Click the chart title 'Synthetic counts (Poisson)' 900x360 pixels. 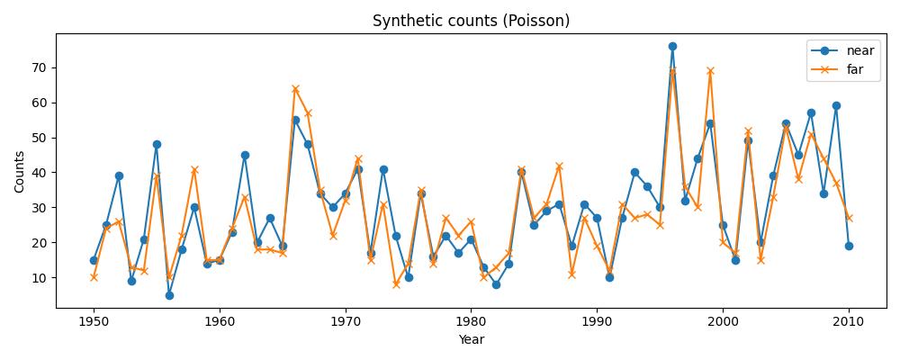point(471,21)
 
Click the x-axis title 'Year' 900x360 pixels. point(471,340)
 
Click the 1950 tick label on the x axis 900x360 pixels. point(94,322)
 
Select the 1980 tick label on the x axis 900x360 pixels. point(471,322)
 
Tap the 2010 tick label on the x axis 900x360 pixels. point(849,322)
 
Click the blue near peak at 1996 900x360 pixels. point(672,46)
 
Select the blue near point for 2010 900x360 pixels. point(849,246)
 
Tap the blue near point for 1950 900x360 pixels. point(94,260)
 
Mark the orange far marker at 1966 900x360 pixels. point(295,88)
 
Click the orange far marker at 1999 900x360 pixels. point(710,70)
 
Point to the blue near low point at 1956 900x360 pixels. point(169,295)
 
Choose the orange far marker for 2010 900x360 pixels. point(849,218)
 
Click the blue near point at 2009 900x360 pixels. point(836,105)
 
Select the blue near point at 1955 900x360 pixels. point(157,144)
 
